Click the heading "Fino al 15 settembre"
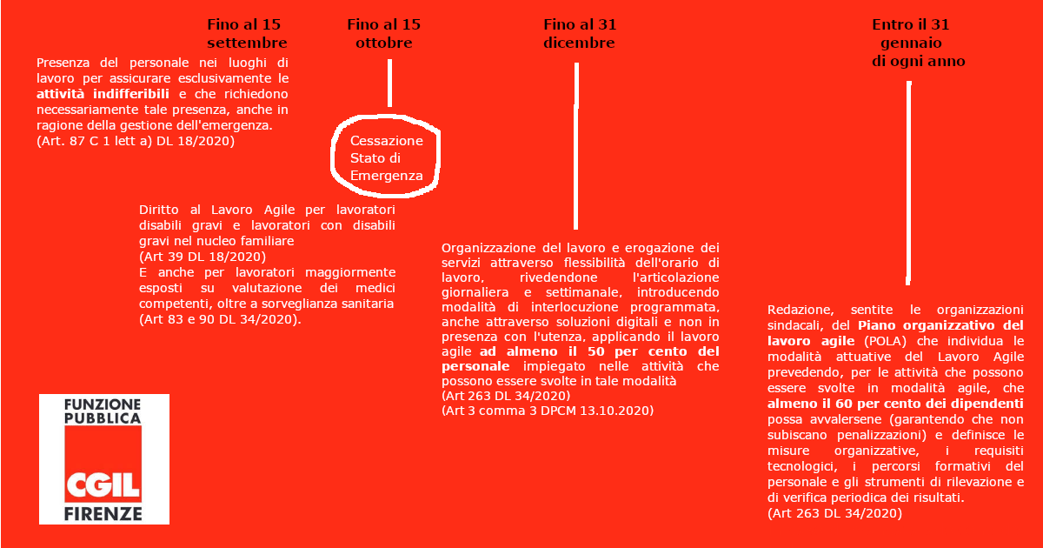(247, 33)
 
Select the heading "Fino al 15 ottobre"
(383, 33)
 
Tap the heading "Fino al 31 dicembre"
(579, 33)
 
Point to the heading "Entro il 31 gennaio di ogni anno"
(913, 43)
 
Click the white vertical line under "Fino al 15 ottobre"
(389, 83)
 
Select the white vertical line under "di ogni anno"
(908, 183)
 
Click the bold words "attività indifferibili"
(105, 94)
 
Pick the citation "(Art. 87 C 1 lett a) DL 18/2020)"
(136, 141)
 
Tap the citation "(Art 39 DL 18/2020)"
(203, 257)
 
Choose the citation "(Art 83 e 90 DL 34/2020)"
(221, 319)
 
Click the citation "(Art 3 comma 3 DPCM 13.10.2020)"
(548, 410)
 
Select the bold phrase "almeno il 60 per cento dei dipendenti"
(895, 404)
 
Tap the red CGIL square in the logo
(103, 465)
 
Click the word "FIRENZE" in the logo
(103, 513)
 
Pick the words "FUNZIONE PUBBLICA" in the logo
(103, 411)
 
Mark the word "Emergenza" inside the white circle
(386, 176)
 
